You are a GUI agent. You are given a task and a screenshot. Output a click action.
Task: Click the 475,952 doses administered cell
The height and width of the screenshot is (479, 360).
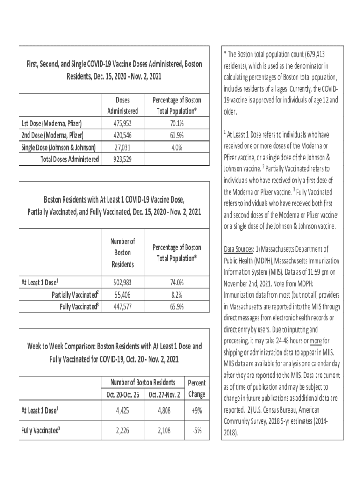123,124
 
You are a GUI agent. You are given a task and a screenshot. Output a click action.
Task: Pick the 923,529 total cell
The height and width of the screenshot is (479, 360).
123,160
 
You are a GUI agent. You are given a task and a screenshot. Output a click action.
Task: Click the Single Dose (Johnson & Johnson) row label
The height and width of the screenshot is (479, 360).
59,148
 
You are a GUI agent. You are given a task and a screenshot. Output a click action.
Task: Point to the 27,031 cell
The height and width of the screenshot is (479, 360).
123,148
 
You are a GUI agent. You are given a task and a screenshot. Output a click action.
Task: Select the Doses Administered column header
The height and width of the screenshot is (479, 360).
123,106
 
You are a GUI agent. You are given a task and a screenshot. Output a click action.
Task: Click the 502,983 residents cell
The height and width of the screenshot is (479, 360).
123,283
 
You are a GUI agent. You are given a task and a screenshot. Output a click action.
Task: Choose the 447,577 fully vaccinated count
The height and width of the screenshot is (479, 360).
123,306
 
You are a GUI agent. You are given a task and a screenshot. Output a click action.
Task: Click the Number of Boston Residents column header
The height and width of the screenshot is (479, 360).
123,253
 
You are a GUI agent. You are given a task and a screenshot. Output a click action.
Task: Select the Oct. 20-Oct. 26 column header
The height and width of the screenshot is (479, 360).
123,394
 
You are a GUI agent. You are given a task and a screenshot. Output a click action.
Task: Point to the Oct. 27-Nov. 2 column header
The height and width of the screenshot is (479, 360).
164,394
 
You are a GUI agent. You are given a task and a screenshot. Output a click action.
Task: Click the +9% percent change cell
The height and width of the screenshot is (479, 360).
196,412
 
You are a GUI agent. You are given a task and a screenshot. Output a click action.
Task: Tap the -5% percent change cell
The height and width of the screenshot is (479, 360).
196,431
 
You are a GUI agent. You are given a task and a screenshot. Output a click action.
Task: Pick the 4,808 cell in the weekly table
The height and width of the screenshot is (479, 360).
164,412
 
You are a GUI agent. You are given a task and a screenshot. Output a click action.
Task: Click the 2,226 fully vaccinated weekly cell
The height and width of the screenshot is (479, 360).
123,431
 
